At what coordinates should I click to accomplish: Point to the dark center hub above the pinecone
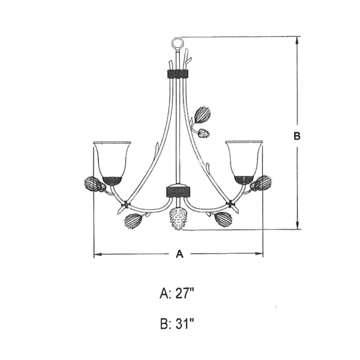pyautogui.click(x=178, y=191)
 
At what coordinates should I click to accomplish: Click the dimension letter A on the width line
pyautogui.click(x=180, y=254)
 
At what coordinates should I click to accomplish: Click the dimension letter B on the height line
pyautogui.click(x=297, y=136)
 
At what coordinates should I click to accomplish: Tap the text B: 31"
pyautogui.click(x=177, y=324)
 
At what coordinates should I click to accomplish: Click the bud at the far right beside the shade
pyautogui.click(x=261, y=183)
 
